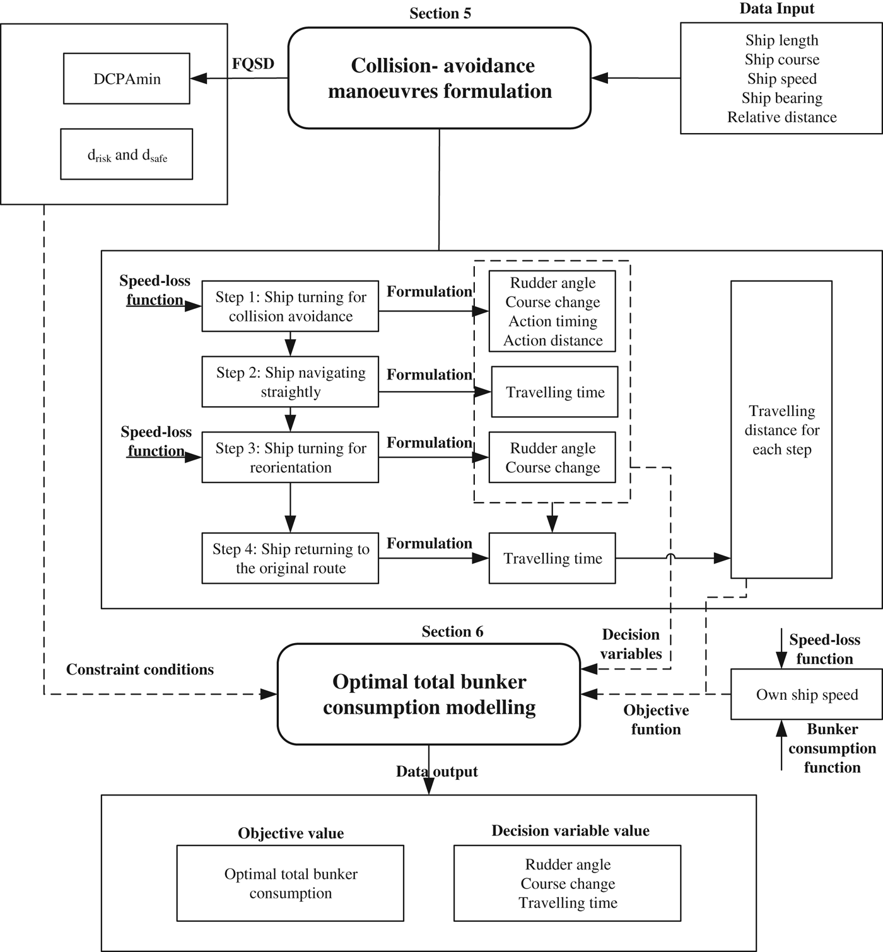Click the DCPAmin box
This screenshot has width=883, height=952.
pyautogui.click(x=126, y=79)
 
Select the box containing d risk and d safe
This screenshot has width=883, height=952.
pyautogui.click(x=126, y=154)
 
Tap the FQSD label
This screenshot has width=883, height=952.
pyautogui.click(x=253, y=64)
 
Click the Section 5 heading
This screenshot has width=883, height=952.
pyautogui.click(x=440, y=13)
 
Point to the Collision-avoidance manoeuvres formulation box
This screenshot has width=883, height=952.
pyautogui.click(x=440, y=78)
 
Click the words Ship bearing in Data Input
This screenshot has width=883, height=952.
pyautogui.click(x=781, y=98)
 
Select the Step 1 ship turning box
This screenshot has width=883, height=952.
pyautogui.click(x=290, y=306)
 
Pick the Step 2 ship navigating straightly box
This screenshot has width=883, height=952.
pyautogui.click(x=290, y=382)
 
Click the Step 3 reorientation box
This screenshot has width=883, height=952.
pyautogui.click(x=290, y=458)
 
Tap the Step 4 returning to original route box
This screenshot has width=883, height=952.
pyautogui.click(x=290, y=559)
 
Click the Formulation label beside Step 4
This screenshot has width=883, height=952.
pyautogui.click(x=429, y=543)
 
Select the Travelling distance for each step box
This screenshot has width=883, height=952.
pyautogui.click(x=781, y=430)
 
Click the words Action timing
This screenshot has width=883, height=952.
pyautogui.click(x=553, y=322)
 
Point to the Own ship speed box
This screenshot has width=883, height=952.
pyautogui.click(x=806, y=695)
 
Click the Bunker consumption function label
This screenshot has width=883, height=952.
pyautogui.click(x=832, y=748)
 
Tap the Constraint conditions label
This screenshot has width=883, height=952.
pyautogui.click(x=140, y=670)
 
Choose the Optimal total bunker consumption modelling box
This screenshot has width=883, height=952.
pyautogui.click(x=429, y=694)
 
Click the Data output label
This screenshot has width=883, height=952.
pyautogui.click(x=436, y=772)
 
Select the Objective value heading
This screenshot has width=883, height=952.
pyautogui.click(x=291, y=833)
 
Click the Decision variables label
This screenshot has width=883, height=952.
pyautogui.click(x=631, y=644)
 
